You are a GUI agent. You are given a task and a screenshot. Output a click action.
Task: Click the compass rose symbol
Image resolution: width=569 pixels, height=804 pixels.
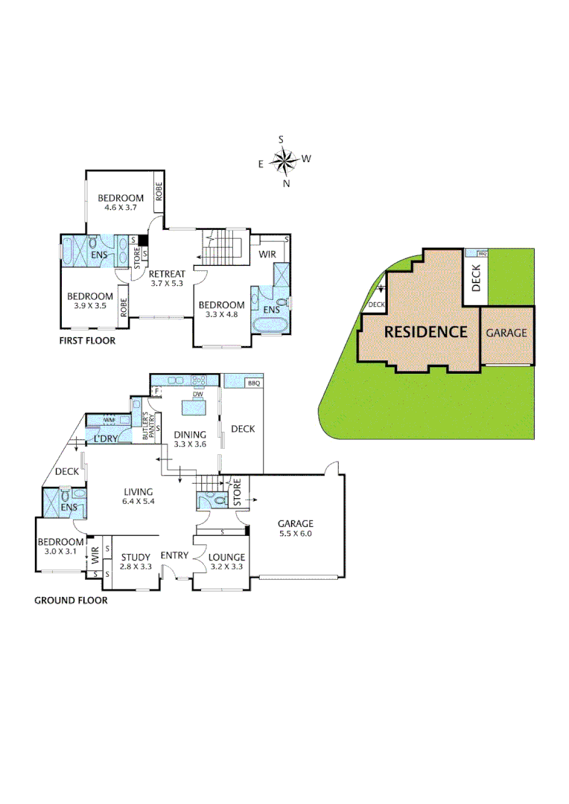[x=283, y=160]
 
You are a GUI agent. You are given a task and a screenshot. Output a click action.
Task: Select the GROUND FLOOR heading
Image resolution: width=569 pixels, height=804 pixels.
[x=71, y=600]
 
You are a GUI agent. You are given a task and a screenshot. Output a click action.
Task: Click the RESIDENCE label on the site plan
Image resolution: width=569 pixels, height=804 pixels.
[x=425, y=332]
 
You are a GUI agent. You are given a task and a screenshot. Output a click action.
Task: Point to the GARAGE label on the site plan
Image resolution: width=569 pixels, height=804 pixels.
[x=506, y=333]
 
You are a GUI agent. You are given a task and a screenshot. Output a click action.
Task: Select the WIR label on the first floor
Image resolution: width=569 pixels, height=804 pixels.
[x=268, y=255]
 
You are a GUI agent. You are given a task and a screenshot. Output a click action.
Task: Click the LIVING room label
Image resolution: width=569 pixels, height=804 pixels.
[x=139, y=491]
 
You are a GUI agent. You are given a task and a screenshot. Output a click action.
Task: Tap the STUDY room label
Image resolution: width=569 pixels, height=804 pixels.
[x=136, y=557]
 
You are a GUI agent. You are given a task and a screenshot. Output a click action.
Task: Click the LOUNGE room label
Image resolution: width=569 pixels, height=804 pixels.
[x=226, y=557]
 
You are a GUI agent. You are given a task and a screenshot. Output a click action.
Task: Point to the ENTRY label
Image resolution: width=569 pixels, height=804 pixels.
[x=174, y=555]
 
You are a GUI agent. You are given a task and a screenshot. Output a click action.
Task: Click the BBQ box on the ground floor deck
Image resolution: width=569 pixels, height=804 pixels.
[x=253, y=383]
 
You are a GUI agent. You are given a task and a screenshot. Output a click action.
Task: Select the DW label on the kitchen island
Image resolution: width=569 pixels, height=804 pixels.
[x=197, y=395]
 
